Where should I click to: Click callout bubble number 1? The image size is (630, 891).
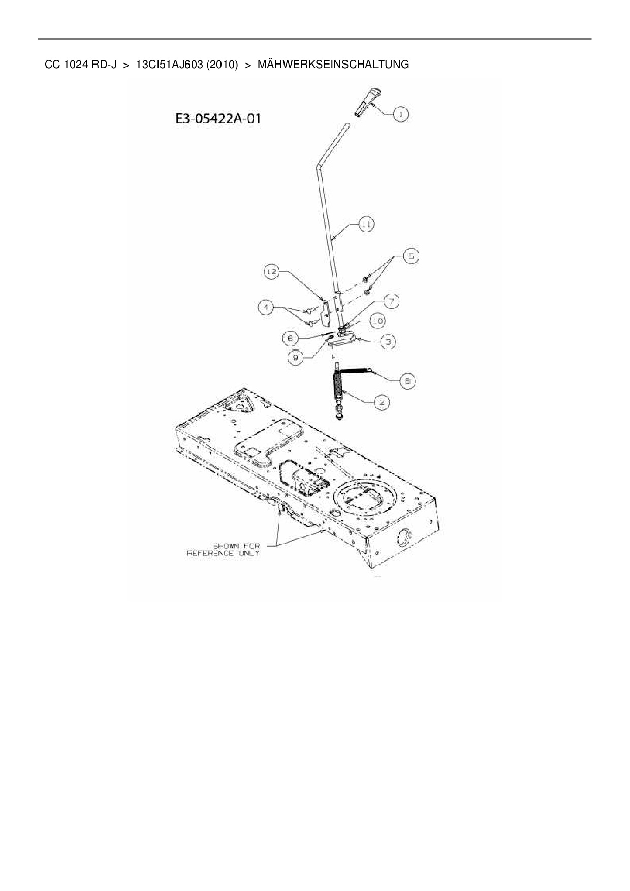[400, 115]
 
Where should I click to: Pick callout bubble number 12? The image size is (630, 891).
[272, 272]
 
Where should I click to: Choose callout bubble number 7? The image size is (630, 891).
[391, 302]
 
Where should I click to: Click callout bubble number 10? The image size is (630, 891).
[377, 321]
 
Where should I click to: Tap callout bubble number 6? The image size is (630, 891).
[291, 337]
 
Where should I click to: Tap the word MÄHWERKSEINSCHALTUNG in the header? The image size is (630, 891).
[333, 65]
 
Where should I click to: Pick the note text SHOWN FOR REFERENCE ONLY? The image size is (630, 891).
[224, 550]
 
